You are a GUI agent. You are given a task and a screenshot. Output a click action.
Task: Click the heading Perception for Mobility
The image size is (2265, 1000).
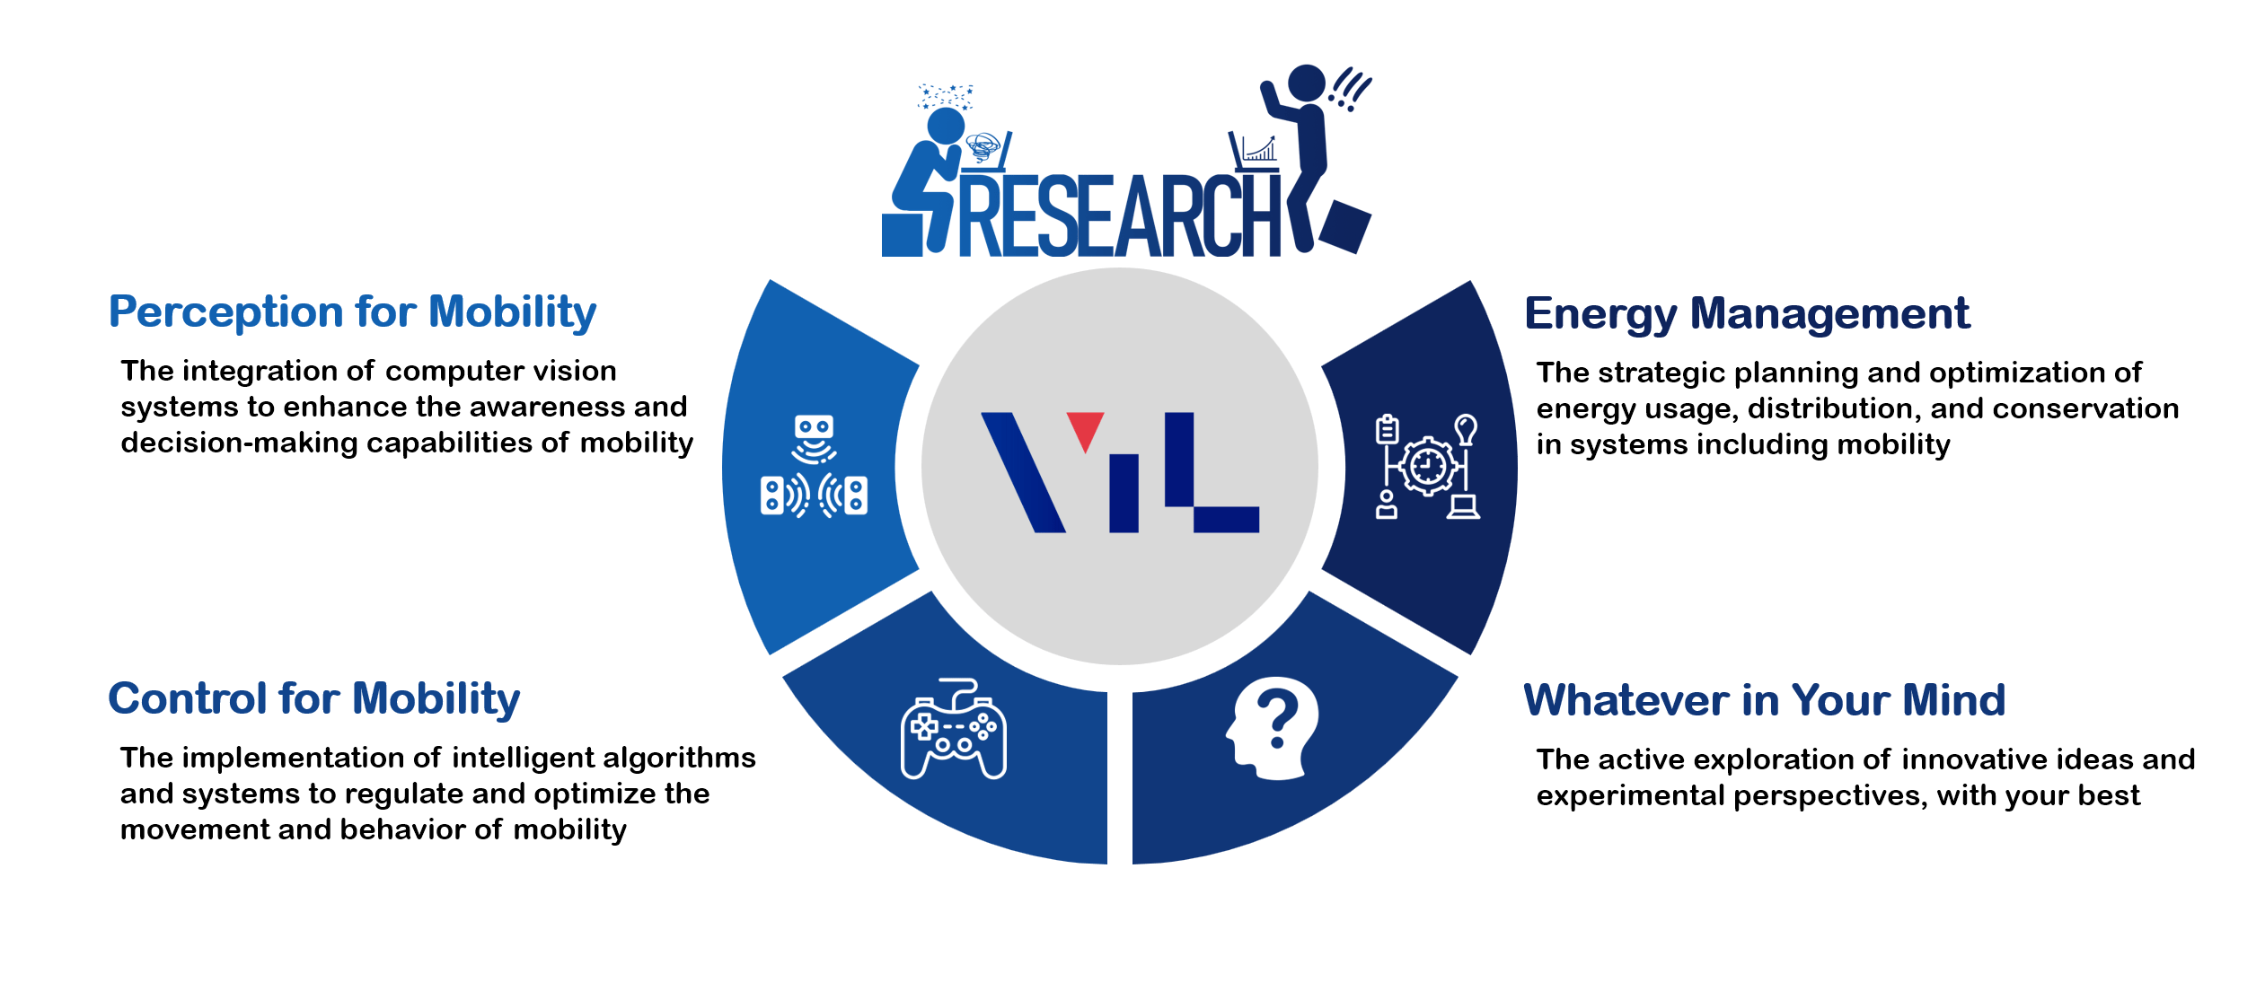[352, 312]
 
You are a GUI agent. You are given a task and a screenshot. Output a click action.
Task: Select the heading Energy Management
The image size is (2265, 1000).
[1747, 314]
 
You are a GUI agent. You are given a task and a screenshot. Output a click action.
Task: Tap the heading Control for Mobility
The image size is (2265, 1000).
[313, 699]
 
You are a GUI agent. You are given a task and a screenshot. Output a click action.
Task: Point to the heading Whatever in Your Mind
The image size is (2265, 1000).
[1764, 701]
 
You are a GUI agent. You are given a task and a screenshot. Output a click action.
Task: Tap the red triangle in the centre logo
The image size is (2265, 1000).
[1085, 428]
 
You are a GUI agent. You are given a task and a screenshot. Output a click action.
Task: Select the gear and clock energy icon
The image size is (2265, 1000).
[1427, 466]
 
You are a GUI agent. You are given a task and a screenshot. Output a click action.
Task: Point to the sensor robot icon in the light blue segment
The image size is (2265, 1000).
[814, 467]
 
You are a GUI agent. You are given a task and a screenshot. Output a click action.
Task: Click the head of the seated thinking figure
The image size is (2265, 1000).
[946, 126]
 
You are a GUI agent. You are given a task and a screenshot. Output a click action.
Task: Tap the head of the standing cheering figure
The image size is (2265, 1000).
[1306, 83]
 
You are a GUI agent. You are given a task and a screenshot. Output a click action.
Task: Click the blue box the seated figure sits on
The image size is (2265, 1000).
[902, 235]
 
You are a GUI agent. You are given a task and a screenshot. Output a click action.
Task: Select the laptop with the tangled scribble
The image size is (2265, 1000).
[987, 152]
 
